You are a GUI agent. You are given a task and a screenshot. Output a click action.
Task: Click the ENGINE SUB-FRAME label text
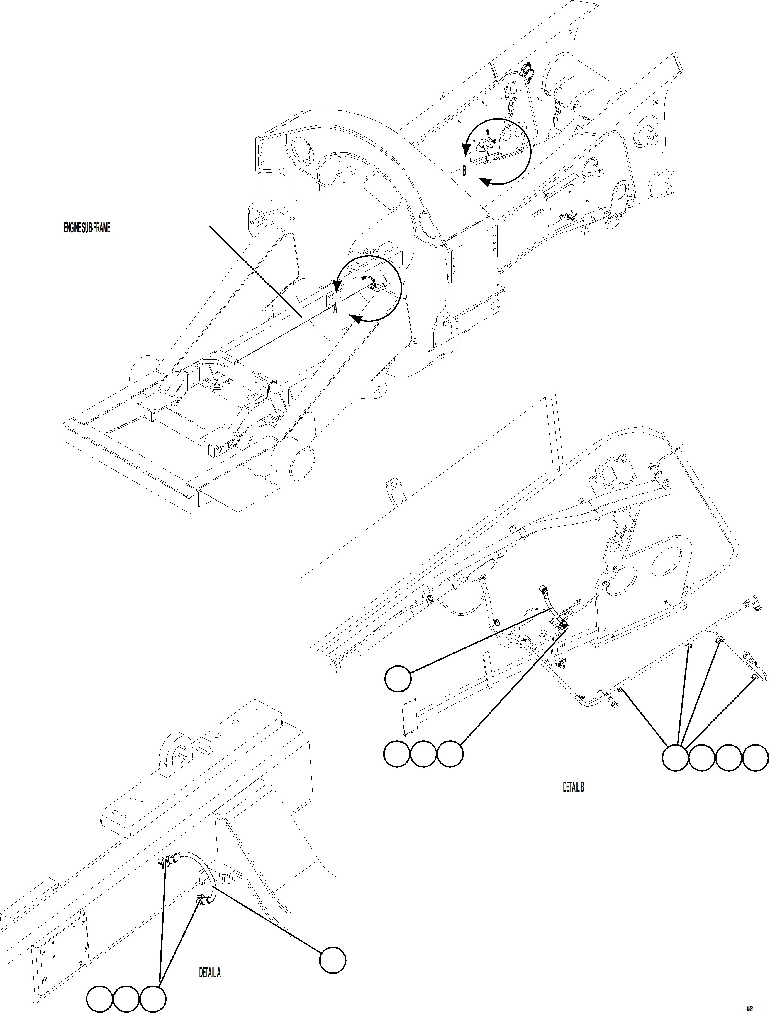coord(87,228)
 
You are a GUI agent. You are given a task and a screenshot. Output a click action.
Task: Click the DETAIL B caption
coord(573,787)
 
